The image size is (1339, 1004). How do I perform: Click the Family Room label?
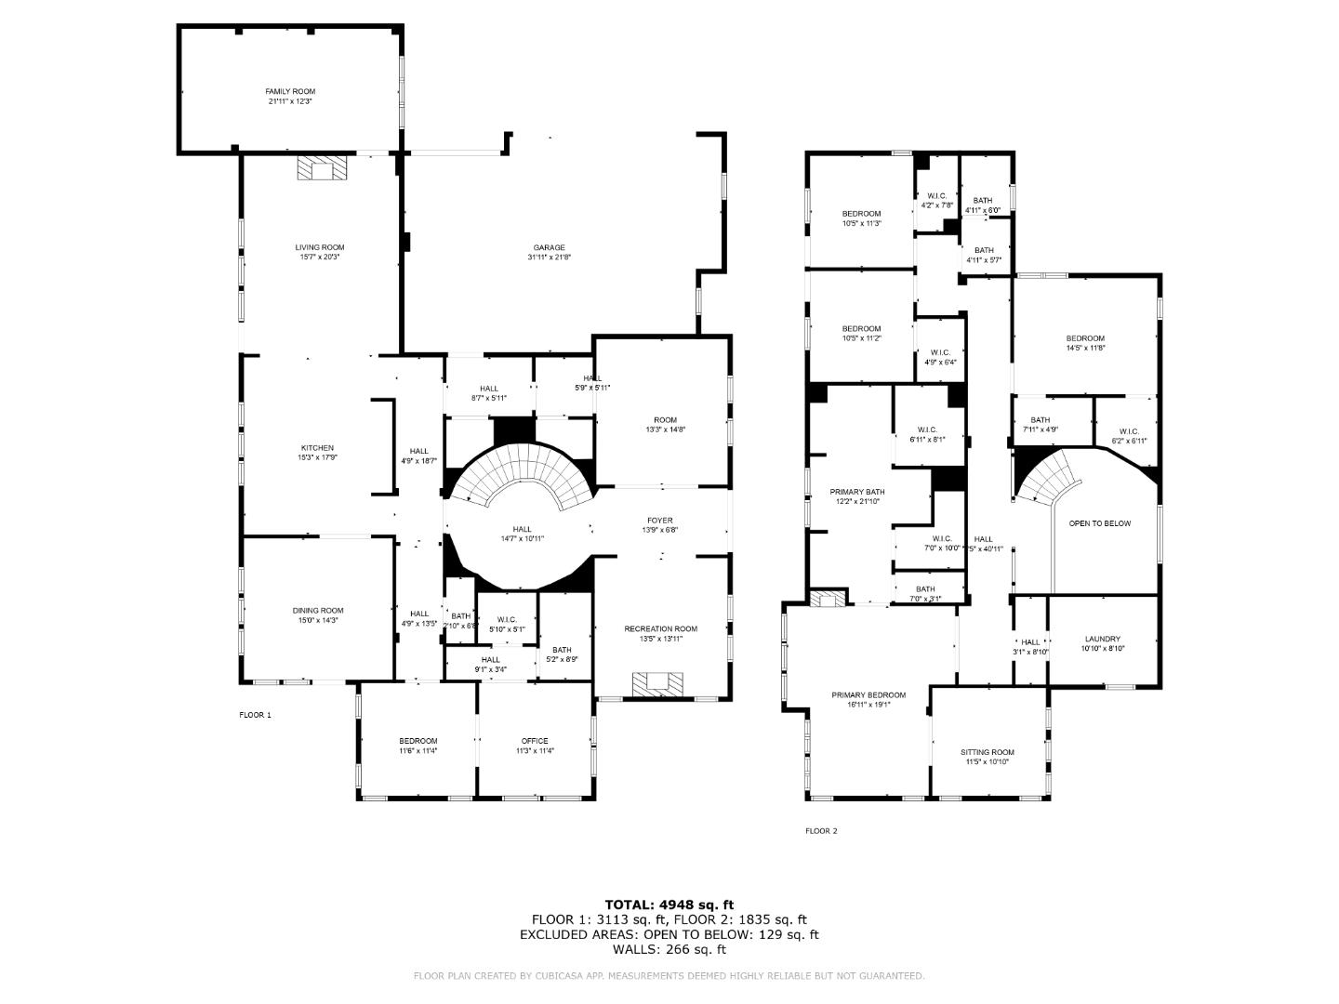[x=290, y=92]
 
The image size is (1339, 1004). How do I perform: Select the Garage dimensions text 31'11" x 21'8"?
[x=549, y=257]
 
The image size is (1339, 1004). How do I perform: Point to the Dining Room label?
[x=318, y=611]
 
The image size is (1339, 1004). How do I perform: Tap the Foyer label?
[x=660, y=521]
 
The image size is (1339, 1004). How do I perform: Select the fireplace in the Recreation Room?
[x=659, y=684]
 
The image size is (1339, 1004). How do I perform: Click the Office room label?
[x=535, y=741]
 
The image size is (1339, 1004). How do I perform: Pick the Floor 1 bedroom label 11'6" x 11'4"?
[x=418, y=751]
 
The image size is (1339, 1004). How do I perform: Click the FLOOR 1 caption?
[x=255, y=715]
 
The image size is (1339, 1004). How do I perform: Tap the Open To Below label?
[x=1100, y=523]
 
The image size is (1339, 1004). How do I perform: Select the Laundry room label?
[x=1103, y=640]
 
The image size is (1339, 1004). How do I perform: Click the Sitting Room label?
[x=988, y=752]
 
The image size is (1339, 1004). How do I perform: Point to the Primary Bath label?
[x=857, y=492]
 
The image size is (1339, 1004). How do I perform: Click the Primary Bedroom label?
[x=868, y=694]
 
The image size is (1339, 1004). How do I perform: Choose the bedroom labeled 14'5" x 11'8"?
[x=1085, y=338]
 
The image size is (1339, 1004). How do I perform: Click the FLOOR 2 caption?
[x=821, y=831]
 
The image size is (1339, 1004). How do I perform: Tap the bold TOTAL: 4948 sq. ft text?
[x=669, y=904]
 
